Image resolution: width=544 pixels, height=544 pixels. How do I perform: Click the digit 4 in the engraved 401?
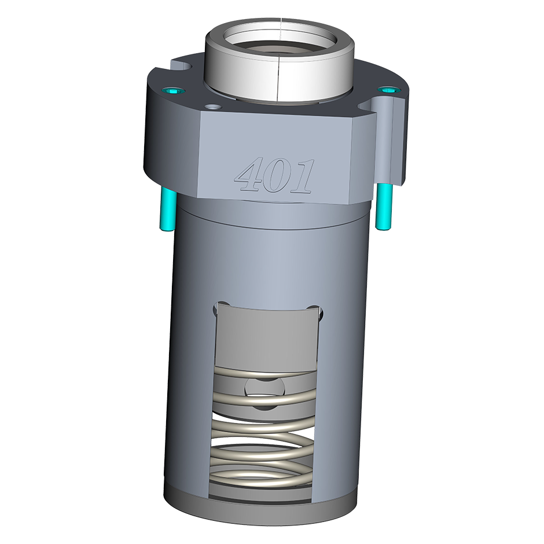[x=249, y=174]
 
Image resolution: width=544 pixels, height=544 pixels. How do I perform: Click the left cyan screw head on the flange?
[x=172, y=91]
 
